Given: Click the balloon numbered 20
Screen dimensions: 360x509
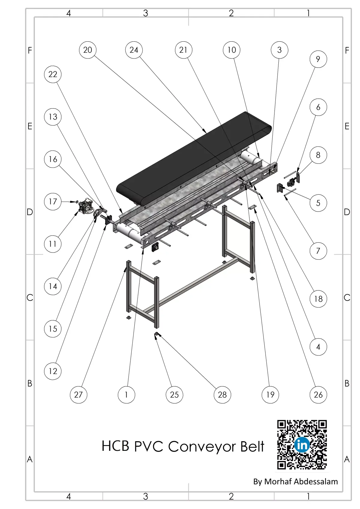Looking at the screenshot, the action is (88, 50).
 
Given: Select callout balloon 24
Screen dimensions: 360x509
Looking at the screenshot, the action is (134, 50).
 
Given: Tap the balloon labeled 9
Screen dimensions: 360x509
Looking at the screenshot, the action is (318, 59).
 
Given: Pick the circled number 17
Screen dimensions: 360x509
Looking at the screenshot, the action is (53, 202).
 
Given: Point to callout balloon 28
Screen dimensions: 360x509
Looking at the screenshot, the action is (222, 395).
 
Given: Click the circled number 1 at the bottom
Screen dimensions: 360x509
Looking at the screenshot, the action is (126, 395).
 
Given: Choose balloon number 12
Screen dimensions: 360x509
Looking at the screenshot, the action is (53, 371).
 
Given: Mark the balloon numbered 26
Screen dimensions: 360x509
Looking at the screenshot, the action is (318, 395).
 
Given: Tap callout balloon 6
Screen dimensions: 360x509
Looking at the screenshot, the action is (318, 107).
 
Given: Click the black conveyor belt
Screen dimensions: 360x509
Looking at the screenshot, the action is (193, 159).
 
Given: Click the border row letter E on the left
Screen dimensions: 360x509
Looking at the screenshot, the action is (30, 126).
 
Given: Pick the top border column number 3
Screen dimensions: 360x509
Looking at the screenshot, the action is (146, 13).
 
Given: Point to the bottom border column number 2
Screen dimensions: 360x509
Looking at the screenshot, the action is (231, 496).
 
